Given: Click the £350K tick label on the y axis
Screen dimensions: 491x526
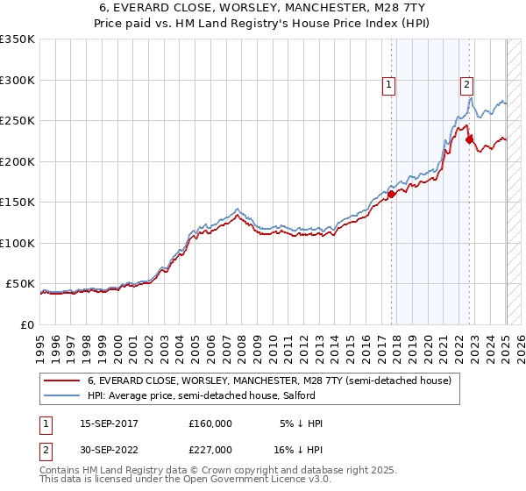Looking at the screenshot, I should (17, 39).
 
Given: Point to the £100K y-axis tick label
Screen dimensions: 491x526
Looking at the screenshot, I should (17, 243).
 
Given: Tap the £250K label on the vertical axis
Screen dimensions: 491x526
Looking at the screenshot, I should (17, 121).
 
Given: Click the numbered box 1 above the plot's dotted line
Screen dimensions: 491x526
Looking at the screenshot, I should (388, 85).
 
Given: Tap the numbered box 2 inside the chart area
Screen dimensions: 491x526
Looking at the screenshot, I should (466, 85).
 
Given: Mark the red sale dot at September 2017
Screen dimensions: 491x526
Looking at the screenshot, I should (392, 195).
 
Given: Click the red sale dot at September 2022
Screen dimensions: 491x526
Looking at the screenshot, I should (470, 139).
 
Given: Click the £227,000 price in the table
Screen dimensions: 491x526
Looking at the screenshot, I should (210, 449).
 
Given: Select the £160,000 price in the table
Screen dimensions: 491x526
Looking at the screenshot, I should (210, 423).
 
